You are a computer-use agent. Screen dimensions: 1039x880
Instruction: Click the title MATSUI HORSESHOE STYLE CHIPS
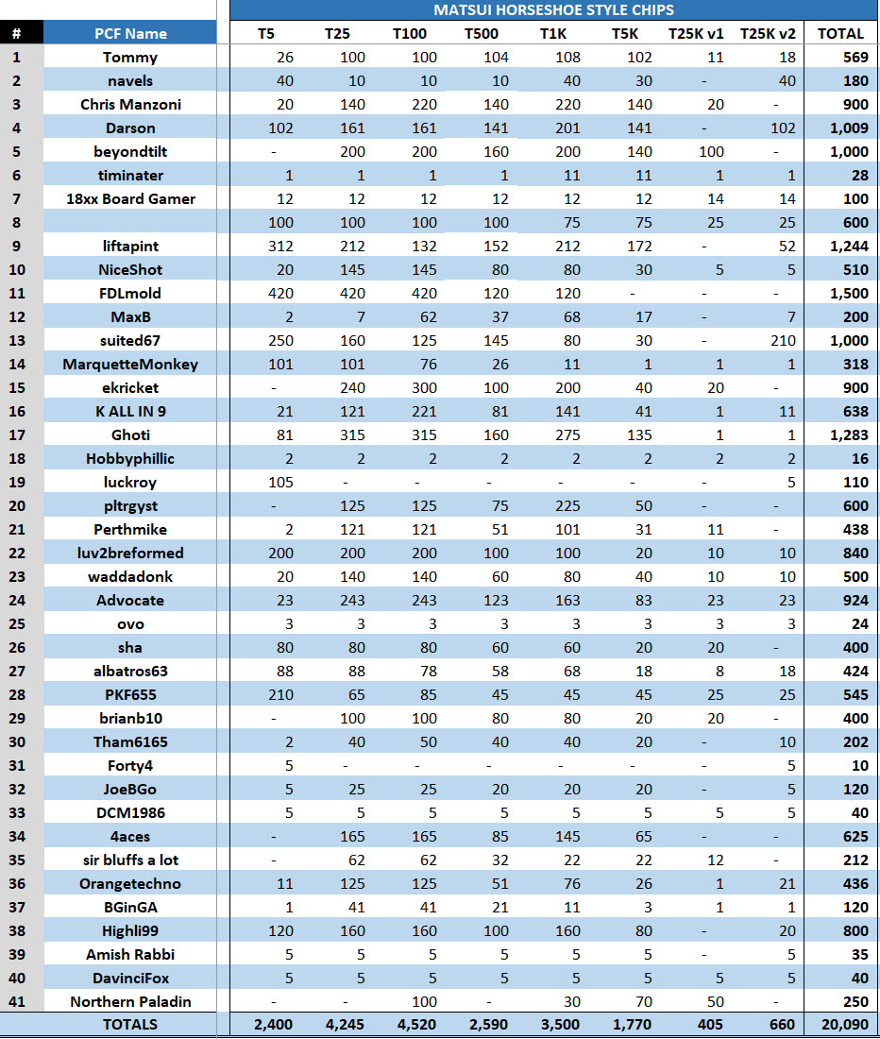554,9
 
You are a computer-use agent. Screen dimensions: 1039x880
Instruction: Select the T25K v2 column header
768,33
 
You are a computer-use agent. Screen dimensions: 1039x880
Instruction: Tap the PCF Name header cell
130,33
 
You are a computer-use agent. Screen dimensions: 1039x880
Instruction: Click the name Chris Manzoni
130,104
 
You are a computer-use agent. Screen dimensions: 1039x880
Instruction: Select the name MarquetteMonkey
130,364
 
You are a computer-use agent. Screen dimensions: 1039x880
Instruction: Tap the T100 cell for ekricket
410,387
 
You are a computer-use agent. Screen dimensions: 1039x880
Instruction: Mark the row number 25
16,623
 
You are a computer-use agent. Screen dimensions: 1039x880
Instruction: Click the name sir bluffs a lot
130,860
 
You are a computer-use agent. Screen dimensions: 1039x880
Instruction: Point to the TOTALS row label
130,1024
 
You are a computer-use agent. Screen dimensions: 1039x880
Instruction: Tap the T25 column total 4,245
338,1024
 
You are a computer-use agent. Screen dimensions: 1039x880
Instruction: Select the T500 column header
481,33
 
